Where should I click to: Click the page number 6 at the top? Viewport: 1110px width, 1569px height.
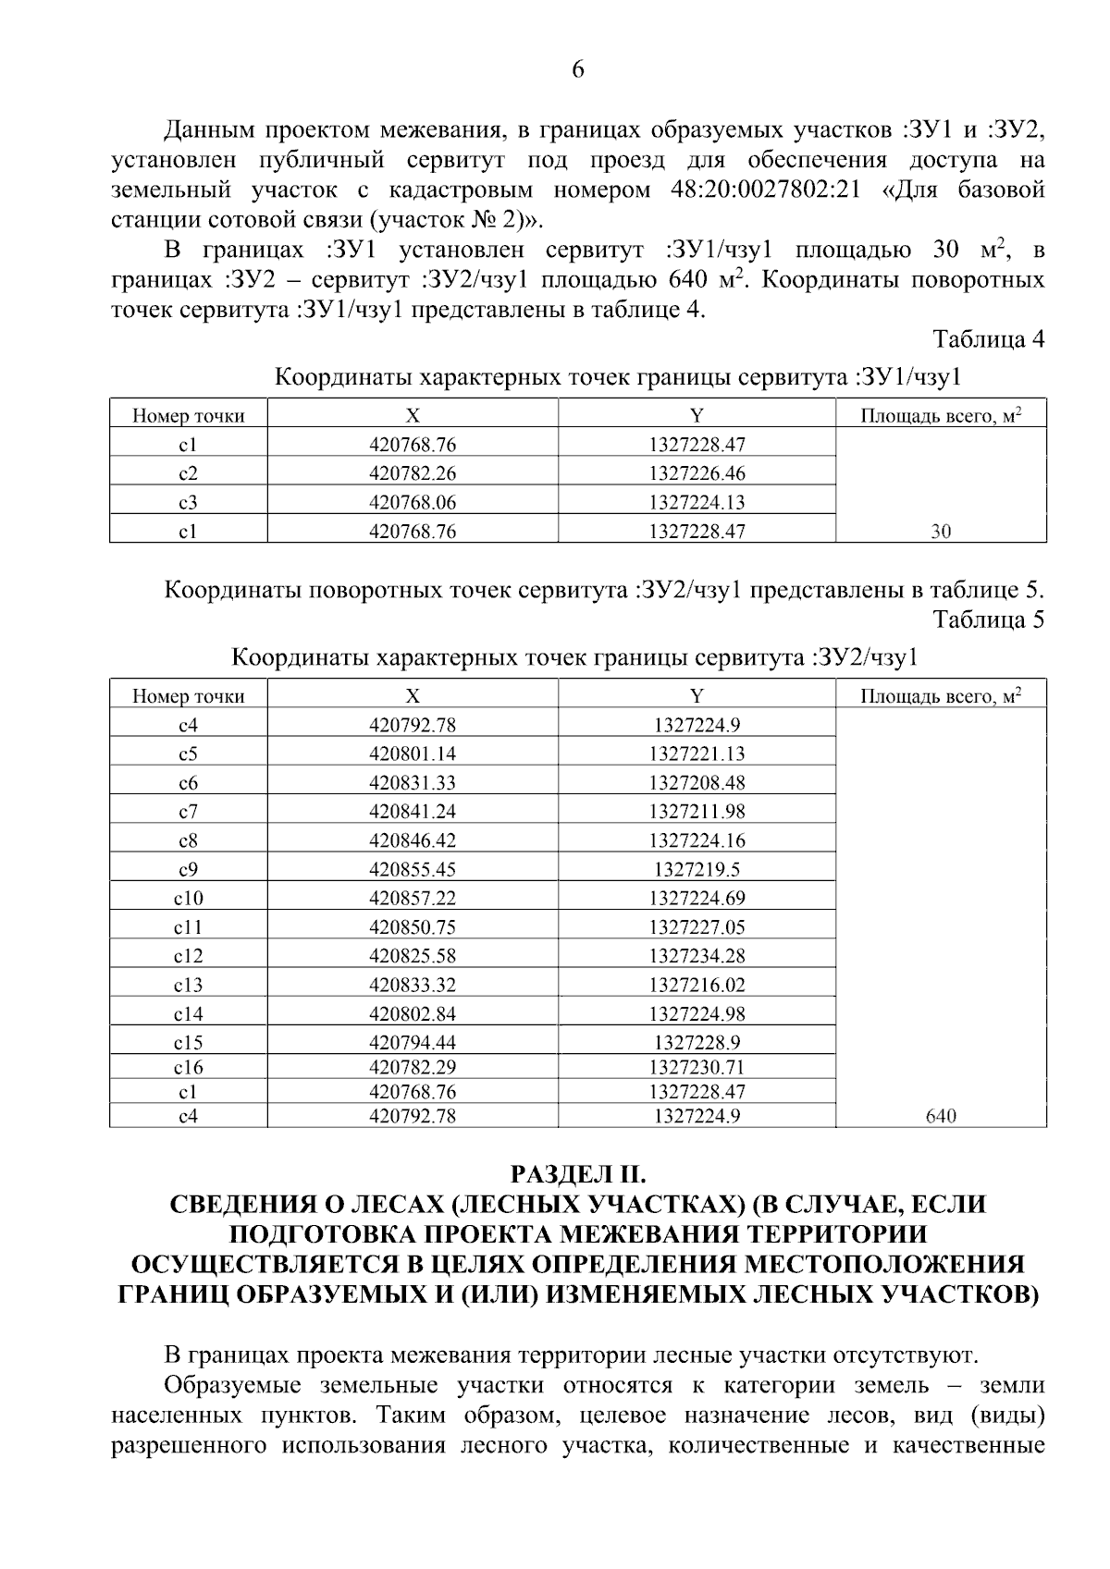578,70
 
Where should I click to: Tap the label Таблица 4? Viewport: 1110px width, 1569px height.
988,339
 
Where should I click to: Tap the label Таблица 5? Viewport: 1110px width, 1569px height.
988,619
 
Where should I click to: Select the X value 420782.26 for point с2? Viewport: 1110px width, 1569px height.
413,473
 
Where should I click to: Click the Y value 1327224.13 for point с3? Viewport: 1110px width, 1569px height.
697,503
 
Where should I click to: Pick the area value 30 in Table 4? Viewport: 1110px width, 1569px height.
941,532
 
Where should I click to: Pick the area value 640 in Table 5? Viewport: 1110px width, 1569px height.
941,1116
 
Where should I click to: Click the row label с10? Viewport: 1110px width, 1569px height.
188,898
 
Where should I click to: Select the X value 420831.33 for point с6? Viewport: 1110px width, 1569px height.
413,783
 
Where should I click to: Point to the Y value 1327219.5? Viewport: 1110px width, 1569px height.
697,869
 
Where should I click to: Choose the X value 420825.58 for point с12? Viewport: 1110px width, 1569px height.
413,956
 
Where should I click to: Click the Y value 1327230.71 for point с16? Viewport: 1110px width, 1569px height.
697,1067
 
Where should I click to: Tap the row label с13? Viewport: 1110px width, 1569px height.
188,985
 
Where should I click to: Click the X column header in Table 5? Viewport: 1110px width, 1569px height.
413,696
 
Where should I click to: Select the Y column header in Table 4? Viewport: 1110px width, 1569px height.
697,415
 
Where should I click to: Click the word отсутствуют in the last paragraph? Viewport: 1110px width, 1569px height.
906,1355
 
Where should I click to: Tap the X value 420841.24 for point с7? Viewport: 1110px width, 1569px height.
413,812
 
